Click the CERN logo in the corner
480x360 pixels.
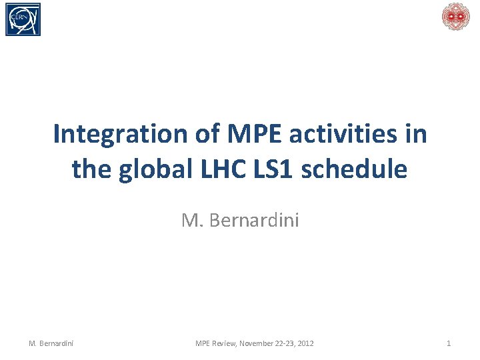point(23,19)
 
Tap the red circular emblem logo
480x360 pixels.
point(456,17)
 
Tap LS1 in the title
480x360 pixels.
point(274,169)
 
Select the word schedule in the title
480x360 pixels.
point(354,169)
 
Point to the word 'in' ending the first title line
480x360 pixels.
point(415,134)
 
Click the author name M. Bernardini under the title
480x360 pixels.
point(240,220)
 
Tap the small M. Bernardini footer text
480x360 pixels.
point(51,343)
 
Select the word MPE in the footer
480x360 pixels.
point(203,343)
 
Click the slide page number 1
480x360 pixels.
point(448,343)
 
